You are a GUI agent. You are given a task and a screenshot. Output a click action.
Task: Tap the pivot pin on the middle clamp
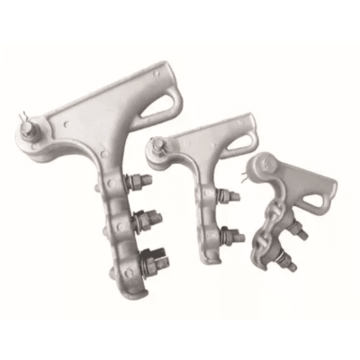(159, 141)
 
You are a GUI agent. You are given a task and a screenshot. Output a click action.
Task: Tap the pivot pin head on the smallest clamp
(261, 164)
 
